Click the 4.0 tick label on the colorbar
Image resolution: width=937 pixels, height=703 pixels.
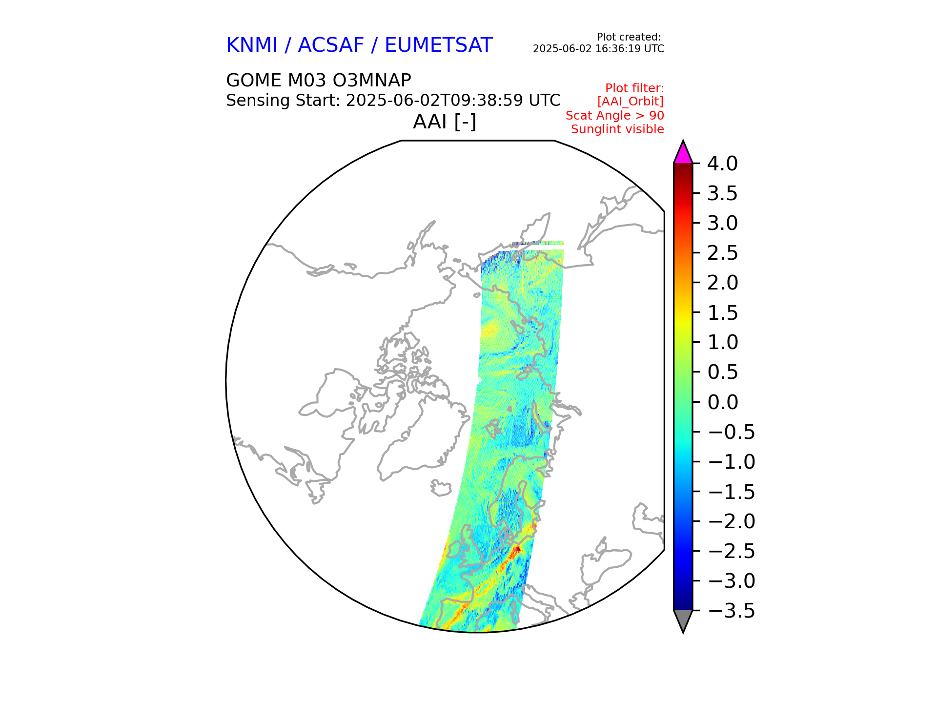722,164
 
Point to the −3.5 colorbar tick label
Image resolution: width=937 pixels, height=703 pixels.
731,611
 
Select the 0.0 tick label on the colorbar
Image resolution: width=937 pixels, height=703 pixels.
722,402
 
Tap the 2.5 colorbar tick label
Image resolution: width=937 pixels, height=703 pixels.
722,253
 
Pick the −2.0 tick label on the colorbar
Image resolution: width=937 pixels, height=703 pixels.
731,521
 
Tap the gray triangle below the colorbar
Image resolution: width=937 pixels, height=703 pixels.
683,620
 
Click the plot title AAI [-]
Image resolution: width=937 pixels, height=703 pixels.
444,122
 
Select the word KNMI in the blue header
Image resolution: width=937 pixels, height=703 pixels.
252,45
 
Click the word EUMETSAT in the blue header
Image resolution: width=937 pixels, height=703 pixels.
438,45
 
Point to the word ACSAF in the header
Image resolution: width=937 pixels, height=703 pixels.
331,45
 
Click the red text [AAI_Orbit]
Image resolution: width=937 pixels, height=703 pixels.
630,102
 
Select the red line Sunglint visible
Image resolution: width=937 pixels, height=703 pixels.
617,129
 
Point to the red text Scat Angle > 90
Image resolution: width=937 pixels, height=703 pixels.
614,116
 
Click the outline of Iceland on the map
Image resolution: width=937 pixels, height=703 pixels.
441,488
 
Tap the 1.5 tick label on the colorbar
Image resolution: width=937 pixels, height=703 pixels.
722,313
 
